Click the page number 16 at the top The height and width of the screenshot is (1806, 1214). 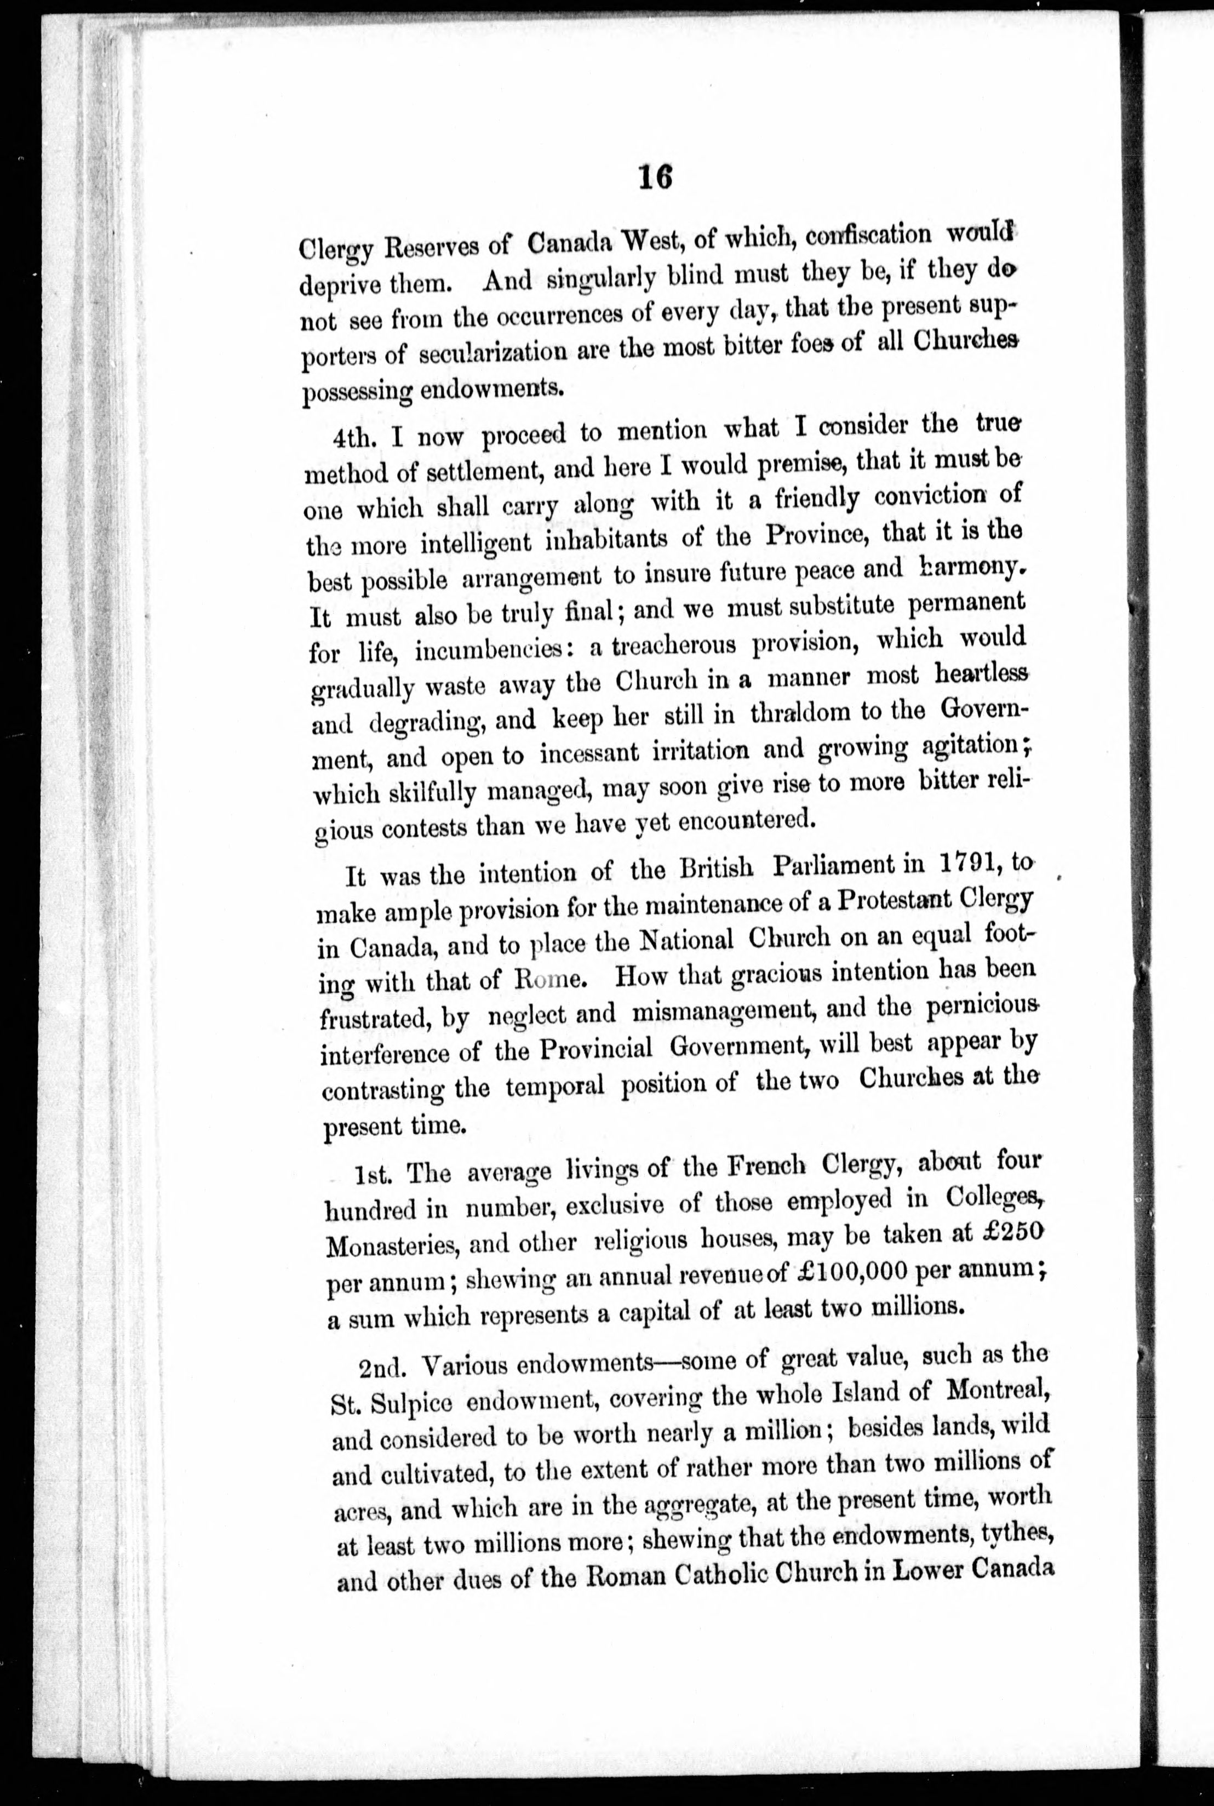pos(655,178)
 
